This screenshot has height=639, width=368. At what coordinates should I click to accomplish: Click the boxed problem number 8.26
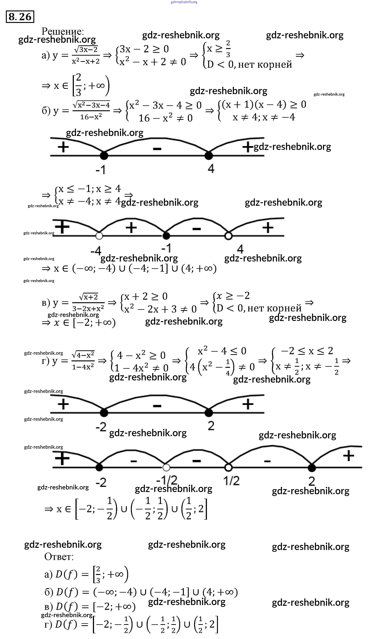coord(20,17)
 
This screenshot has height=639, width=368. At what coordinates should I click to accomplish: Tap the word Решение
coord(62,31)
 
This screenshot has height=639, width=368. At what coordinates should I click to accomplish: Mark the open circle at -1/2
coord(166,468)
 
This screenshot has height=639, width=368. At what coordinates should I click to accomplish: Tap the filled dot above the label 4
coord(209,156)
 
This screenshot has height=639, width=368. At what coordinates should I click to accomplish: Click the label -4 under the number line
coord(96,251)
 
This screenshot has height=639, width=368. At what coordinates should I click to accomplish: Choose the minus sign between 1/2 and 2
coord(267,461)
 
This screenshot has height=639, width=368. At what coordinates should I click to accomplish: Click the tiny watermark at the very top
coord(184,2)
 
